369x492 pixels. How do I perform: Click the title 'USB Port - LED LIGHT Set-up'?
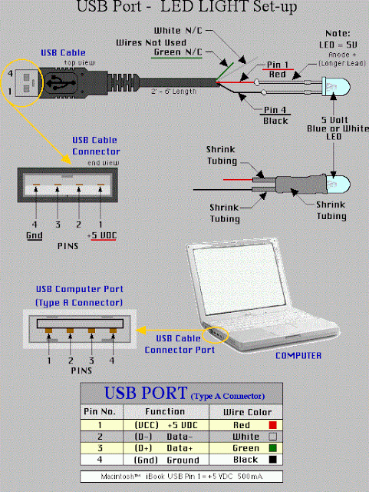click(184, 9)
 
